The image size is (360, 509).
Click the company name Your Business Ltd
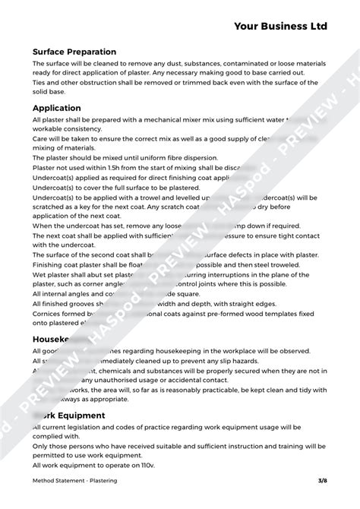[x=280, y=26]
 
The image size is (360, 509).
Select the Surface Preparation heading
[x=74, y=52]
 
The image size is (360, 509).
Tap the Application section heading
[x=57, y=108]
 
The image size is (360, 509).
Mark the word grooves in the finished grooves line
[x=82, y=303]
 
